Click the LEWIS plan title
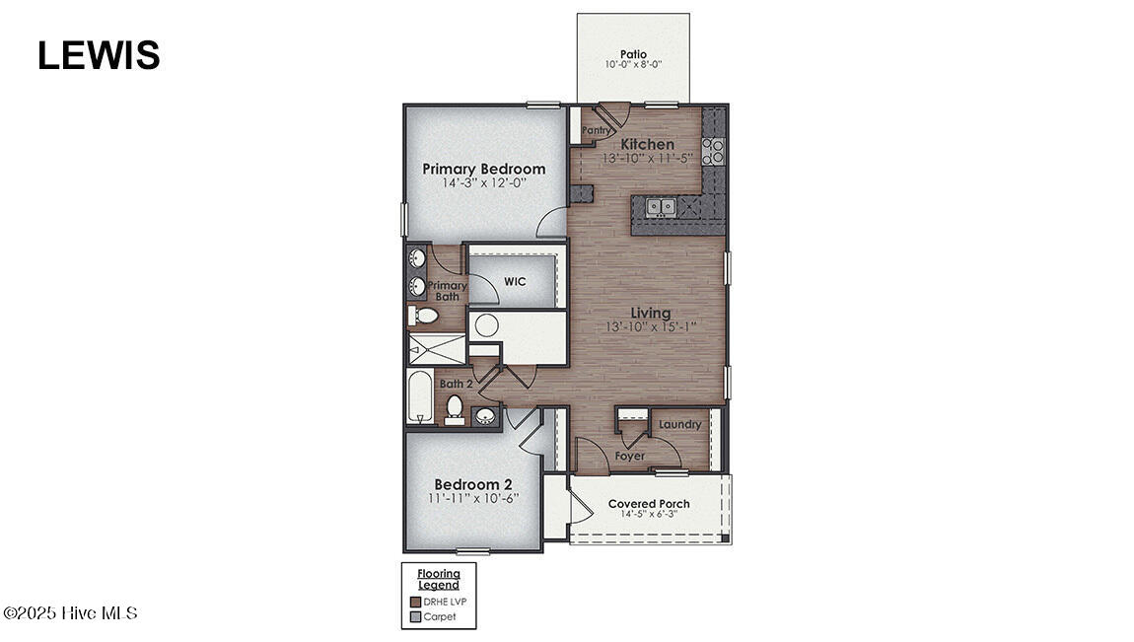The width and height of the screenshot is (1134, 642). pyautogui.click(x=99, y=55)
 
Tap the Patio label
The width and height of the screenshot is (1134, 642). pyautogui.click(x=633, y=54)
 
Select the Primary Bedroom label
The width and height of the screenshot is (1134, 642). pyautogui.click(x=483, y=169)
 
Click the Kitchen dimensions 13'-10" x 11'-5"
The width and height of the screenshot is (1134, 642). pyautogui.click(x=648, y=158)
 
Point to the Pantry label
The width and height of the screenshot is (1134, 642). pyautogui.click(x=596, y=129)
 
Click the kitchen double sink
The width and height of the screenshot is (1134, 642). pyautogui.click(x=661, y=206)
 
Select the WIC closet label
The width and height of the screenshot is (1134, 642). pyautogui.click(x=515, y=281)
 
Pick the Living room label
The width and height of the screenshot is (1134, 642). pyautogui.click(x=650, y=314)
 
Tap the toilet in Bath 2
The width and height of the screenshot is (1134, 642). pyautogui.click(x=455, y=407)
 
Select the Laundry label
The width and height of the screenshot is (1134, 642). pyautogui.click(x=680, y=425)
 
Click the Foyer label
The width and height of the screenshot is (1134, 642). pyautogui.click(x=629, y=456)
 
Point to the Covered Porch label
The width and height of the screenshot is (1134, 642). pyautogui.click(x=648, y=504)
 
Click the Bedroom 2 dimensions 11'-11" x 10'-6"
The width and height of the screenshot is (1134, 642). pyautogui.click(x=474, y=498)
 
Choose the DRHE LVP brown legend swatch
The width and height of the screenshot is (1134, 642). pyautogui.click(x=415, y=602)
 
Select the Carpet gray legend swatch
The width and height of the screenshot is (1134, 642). pyautogui.click(x=415, y=616)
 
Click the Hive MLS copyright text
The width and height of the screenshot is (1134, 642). pyautogui.click(x=70, y=613)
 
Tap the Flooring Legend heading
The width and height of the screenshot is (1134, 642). pyautogui.click(x=439, y=579)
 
